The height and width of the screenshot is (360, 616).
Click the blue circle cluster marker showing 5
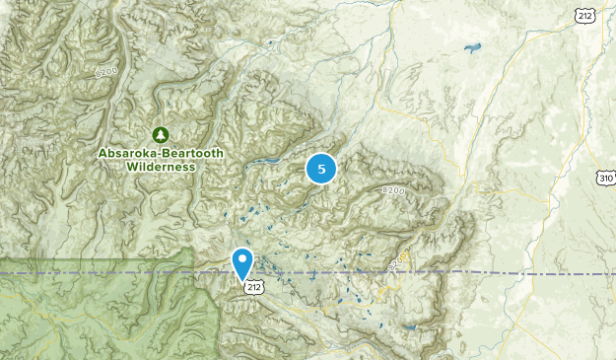[321, 169]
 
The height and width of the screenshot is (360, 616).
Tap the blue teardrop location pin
[242, 262]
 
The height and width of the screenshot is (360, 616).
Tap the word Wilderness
[160, 167]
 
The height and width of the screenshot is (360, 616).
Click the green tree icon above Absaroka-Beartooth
[160, 134]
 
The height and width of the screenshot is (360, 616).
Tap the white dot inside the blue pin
[242, 258]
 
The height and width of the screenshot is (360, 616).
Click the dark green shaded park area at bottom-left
[59, 316]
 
